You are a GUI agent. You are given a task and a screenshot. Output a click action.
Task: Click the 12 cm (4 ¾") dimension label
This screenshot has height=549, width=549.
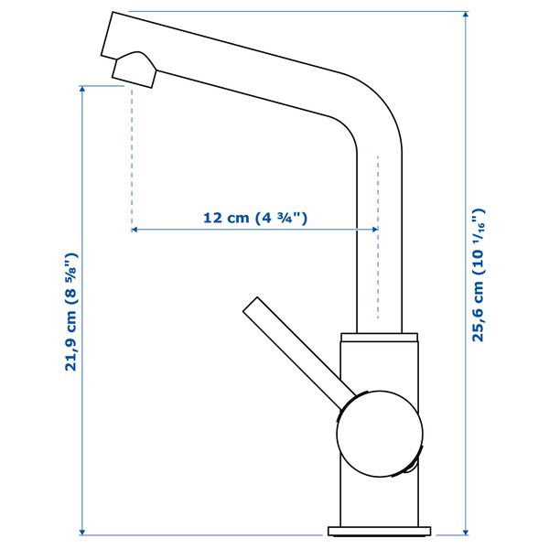[255, 218]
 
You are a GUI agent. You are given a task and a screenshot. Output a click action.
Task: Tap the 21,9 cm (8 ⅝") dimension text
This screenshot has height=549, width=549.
[70, 311]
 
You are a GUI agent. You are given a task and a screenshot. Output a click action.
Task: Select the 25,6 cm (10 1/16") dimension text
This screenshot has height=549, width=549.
[479, 275]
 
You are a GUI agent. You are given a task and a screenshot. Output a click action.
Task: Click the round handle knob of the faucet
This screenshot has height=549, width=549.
[380, 434]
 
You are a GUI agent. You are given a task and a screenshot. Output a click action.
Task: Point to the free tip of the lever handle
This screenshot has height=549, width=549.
[251, 304]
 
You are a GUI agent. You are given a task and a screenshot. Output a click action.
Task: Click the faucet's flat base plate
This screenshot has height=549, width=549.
[379, 531]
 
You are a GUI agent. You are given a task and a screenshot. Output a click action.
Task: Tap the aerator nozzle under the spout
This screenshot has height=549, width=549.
[135, 70]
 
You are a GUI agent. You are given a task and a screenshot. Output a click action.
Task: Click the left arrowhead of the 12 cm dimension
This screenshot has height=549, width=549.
[135, 230]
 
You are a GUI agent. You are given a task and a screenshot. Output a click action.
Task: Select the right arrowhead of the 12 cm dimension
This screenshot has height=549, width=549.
[375, 230]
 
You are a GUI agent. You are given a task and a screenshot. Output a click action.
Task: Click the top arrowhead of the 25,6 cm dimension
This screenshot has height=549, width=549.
[466, 15]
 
